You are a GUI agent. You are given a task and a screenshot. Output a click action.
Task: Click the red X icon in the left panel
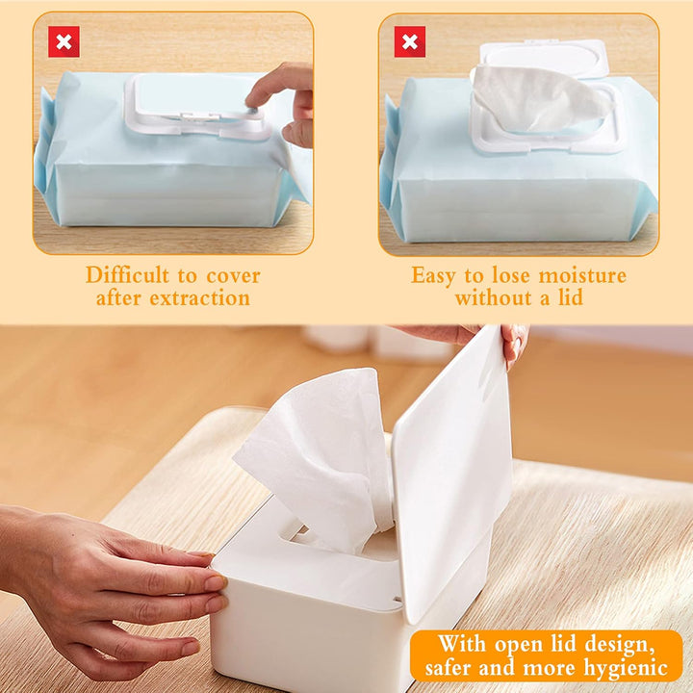pos(64,41)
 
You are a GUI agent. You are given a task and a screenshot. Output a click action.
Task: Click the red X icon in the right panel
pos(409,41)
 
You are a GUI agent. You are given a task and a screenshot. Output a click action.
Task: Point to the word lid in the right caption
pos(567,297)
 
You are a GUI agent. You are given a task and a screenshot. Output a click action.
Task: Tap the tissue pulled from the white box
pos(318,452)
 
